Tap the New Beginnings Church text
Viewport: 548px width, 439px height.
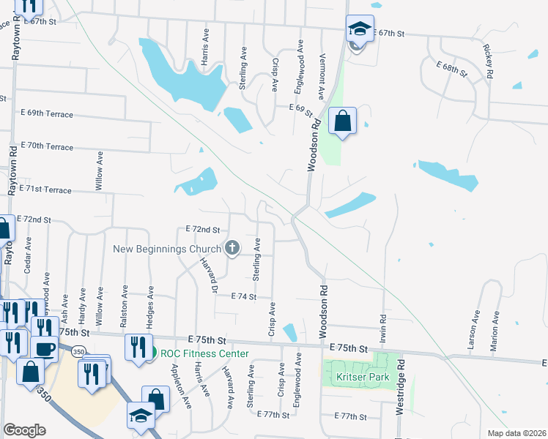[x=167, y=249]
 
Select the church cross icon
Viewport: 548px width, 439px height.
[x=232, y=248]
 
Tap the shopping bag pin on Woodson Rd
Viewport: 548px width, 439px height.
[x=343, y=121]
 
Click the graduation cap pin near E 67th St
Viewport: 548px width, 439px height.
[x=360, y=29]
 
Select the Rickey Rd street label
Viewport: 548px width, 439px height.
[x=488, y=61]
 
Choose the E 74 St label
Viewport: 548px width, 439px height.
[x=243, y=296]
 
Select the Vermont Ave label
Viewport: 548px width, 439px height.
[x=321, y=75]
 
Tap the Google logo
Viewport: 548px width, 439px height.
[x=24, y=430]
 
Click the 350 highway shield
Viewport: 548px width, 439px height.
[x=78, y=352]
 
